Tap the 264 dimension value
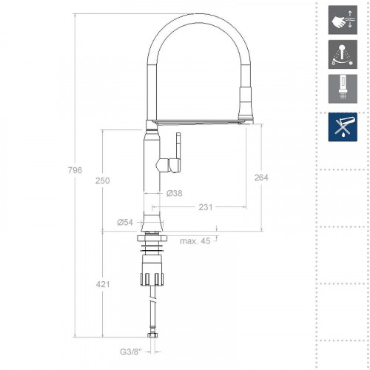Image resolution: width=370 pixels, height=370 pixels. pos(260,177)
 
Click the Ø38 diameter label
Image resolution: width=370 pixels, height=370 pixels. pos(174,193)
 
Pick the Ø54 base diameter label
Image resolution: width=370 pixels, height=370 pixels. pos(124,222)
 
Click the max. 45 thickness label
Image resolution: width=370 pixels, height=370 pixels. pos(194,240)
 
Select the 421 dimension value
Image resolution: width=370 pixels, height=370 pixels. pos(103,283)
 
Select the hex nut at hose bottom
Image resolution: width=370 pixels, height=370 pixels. pos(154,337)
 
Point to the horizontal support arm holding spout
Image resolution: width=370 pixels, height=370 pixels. pos(200,120)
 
